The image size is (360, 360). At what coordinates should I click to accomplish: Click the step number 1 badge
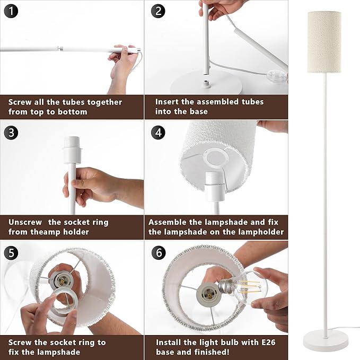coord(11,11)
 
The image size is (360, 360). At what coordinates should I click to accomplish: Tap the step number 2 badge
coord(158,11)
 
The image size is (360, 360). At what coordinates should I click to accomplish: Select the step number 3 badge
coord(11,133)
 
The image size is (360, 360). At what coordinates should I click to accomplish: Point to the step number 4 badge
coord(158,133)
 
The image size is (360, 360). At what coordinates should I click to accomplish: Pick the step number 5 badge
coord(11,253)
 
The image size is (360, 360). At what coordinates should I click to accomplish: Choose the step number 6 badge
coord(159,253)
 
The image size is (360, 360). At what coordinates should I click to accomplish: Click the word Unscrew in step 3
coord(25,222)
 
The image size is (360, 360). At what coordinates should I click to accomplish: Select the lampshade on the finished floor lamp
coord(324,42)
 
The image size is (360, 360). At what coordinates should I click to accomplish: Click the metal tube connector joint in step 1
coord(60,49)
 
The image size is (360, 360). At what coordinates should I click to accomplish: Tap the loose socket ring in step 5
coord(65,302)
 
